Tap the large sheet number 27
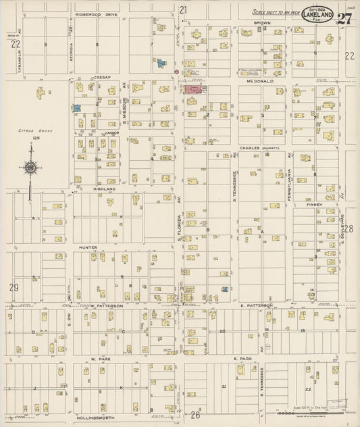click(345, 18)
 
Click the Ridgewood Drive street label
click(97, 13)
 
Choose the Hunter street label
click(91, 247)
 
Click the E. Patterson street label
click(257, 305)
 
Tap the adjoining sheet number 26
click(196, 414)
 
